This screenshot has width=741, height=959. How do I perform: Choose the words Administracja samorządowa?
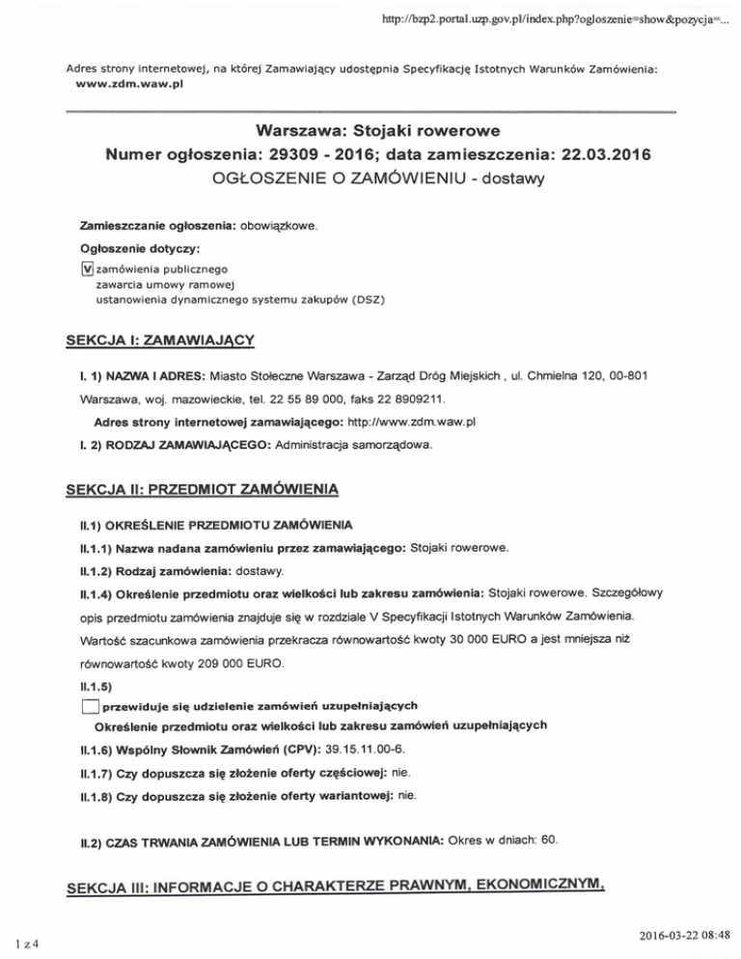[x=358, y=447]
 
